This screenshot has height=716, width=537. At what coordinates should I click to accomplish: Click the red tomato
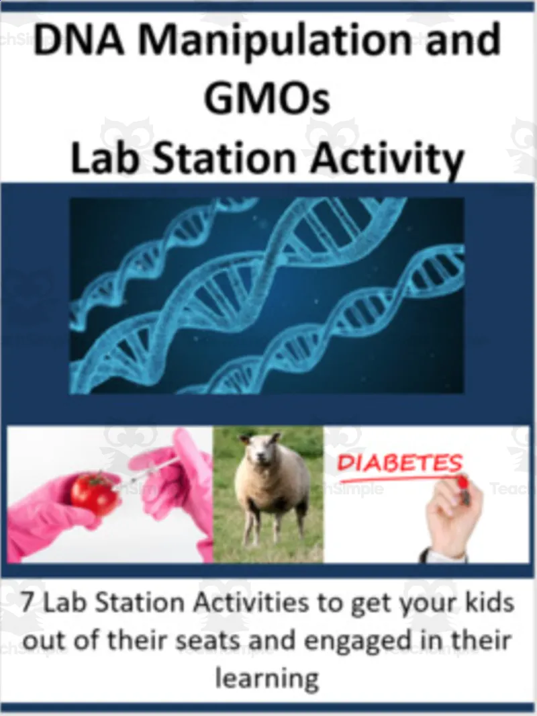click(x=94, y=493)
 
